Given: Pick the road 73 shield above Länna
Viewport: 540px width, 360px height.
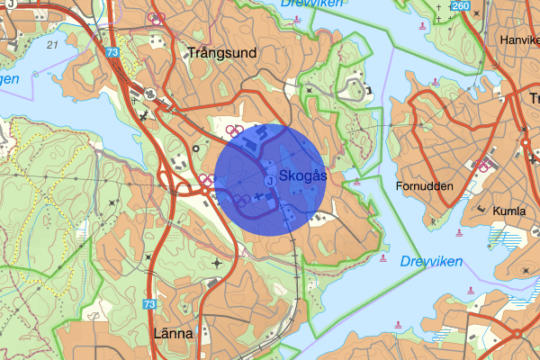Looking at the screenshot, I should click(148, 305).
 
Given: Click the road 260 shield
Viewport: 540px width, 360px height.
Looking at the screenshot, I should click(462, 7).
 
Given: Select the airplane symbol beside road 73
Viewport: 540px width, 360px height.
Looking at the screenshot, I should click(145, 114).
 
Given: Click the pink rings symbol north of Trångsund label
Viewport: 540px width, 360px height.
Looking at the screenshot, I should click(157, 18).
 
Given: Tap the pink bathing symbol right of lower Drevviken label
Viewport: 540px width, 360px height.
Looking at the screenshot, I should click(468, 290).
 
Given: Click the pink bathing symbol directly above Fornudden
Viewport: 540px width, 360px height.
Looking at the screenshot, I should click(436, 82).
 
